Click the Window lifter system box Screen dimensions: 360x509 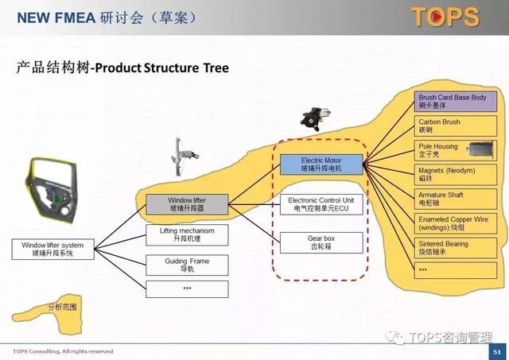[x=52, y=249]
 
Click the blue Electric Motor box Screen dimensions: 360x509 [x=321, y=165]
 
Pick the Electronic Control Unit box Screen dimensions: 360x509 [x=321, y=204]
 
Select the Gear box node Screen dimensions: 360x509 [x=321, y=242]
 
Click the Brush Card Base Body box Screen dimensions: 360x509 [x=456, y=102]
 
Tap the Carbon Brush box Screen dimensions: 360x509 [x=456, y=126]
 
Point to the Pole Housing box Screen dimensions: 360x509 [x=456, y=151]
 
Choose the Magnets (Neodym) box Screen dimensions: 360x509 [x=456, y=175]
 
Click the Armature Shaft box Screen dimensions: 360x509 [x=456, y=199]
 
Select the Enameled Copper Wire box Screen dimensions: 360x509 [x=456, y=223]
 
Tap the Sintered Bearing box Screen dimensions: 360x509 [x=456, y=248]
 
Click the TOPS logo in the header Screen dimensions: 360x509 [x=445, y=17]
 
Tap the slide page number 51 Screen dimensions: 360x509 [x=497, y=351]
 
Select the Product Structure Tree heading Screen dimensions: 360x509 [x=122, y=68]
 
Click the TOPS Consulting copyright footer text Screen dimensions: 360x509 [x=64, y=351]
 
